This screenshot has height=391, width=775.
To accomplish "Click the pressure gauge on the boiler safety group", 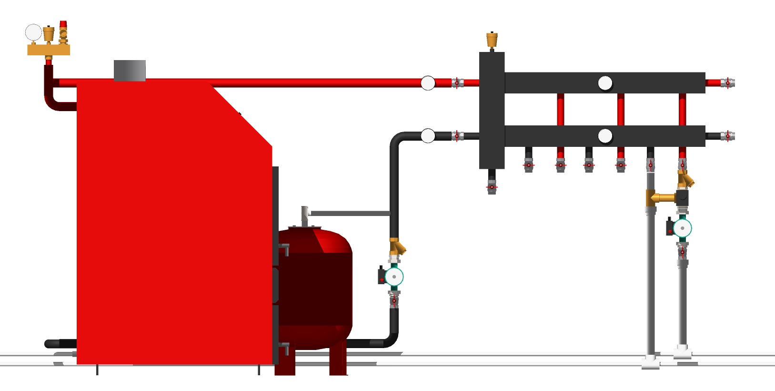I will [33, 32].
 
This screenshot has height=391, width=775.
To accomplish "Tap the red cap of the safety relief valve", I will [63, 24].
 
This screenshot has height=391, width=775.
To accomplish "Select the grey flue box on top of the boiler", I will [130, 71].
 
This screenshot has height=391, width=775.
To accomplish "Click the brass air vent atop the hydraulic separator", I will [492, 39].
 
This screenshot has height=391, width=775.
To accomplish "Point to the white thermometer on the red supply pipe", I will [428, 83].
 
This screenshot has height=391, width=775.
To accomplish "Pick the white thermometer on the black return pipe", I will [428, 136].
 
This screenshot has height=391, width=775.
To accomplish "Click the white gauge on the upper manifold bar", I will [605, 83].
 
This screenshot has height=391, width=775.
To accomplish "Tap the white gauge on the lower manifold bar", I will [605, 136].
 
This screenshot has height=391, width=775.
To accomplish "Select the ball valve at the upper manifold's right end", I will [727, 83].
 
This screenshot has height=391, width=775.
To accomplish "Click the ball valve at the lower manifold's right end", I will [727, 136].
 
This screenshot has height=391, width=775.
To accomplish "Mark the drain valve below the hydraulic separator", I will [492, 186].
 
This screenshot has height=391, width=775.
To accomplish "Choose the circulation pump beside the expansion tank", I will [393, 277].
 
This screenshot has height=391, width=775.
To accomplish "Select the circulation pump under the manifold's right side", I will [682, 228].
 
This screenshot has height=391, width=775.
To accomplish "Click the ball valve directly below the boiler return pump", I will [394, 300].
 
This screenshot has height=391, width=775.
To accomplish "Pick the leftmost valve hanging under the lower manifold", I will [528, 165].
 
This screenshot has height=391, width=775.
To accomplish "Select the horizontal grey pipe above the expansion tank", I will [350, 213].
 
